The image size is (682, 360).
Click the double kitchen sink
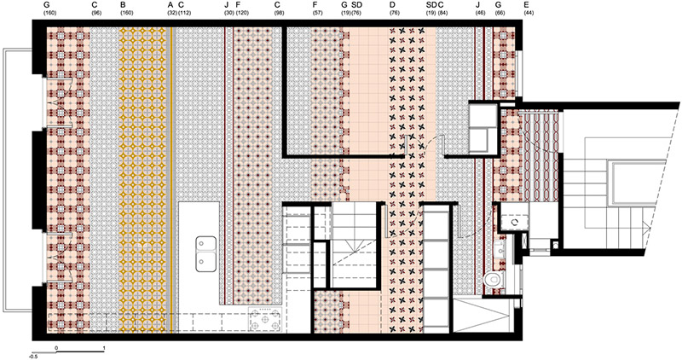(x=205, y=253)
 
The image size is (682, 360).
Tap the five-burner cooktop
(x=265, y=320)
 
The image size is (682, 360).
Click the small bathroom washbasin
(x=500, y=249)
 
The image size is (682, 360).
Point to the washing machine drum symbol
(x=515, y=222)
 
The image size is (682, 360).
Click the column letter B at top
(x=123, y=5)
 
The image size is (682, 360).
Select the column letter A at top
(x=170, y=5)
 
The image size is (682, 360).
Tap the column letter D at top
(x=392, y=5)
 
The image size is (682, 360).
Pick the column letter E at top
(x=527, y=5)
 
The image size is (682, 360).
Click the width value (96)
(x=96, y=13)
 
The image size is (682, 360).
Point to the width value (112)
(x=184, y=13)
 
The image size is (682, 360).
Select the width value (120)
(x=242, y=13)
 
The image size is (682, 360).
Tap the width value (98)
(x=279, y=13)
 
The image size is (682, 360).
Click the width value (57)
(x=317, y=13)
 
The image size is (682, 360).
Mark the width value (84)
(x=442, y=13)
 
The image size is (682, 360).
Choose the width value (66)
(x=500, y=13)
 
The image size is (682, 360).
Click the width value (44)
(x=529, y=13)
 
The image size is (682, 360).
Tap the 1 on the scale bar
(x=103, y=348)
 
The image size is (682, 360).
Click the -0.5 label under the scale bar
(x=34, y=357)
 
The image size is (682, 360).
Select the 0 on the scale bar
(x=56, y=348)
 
